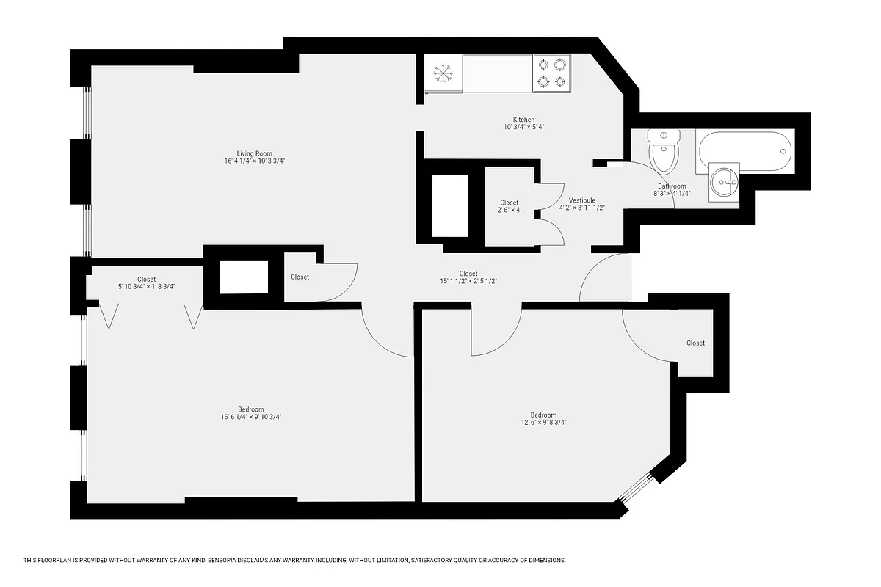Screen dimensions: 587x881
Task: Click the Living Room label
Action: (x=254, y=153)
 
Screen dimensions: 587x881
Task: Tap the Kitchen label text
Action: (x=523, y=120)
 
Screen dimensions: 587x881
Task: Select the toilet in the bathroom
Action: (x=664, y=152)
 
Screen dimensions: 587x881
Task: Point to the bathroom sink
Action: (x=727, y=181)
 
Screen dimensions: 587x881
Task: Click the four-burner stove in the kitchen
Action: (x=551, y=73)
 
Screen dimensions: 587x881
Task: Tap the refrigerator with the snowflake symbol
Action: (x=443, y=73)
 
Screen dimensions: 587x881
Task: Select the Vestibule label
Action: (x=581, y=200)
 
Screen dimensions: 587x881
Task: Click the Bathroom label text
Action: (x=671, y=186)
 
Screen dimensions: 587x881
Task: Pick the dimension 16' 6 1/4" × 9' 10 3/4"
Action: (x=251, y=417)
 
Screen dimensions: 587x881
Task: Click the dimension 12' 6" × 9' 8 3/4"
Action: (x=543, y=422)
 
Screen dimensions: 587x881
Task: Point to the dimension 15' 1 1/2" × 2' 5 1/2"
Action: (x=468, y=281)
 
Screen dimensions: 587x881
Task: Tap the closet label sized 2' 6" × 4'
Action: (x=509, y=211)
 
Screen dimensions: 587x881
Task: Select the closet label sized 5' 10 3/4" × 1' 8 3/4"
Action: (x=146, y=287)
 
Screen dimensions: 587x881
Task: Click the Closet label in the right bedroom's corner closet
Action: (x=695, y=343)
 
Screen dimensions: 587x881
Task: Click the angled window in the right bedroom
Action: (x=636, y=492)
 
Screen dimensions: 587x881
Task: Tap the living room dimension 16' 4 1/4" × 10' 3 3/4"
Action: (x=254, y=161)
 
